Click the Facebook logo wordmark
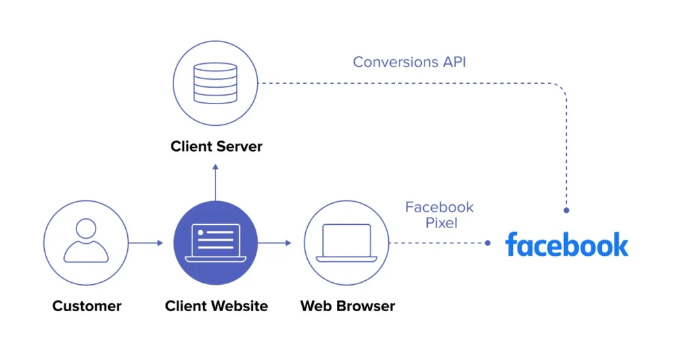pyautogui.click(x=566, y=244)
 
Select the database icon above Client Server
pyautogui.click(x=215, y=83)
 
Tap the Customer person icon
pyautogui.click(x=86, y=242)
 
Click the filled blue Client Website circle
pyautogui.click(x=215, y=243)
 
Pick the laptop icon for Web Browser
pyautogui.click(x=347, y=243)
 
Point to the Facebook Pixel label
pyautogui.click(x=439, y=215)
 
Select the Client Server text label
pyautogui.click(x=216, y=146)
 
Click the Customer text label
pyautogui.click(x=87, y=306)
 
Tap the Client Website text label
pyautogui.click(x=216, y=306)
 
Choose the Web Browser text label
pyautogui.click(x=347, y=306)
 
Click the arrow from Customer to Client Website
pyautogui.click(x=146, y=243)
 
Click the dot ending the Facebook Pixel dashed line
pyautogui.click(x=487, y=243)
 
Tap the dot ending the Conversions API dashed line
pyautogui.click(x=566, y=210)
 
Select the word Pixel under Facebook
pyautogui.click(x=441, y=223)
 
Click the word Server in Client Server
pyautogui.click(x=240, y=146)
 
